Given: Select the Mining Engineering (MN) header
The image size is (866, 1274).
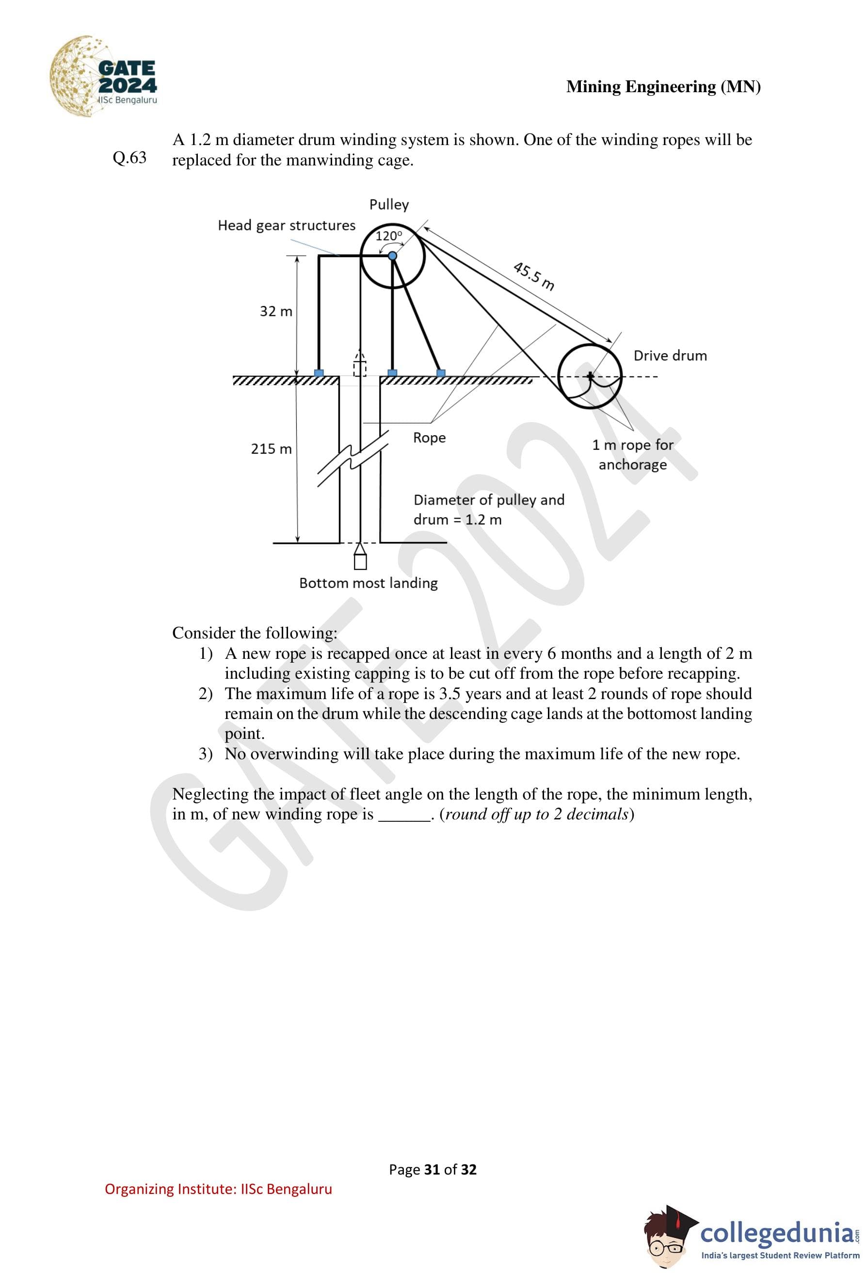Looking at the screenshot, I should [663, 87].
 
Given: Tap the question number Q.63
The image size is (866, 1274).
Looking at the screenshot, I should [129, 158].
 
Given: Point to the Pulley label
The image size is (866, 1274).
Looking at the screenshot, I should [388, 204].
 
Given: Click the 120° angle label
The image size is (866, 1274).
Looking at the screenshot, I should [388, 236].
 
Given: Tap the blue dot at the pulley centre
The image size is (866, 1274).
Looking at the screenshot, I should [392, 256].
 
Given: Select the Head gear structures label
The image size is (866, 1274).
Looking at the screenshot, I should [286, 225].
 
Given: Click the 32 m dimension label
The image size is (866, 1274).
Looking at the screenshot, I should [275, 311].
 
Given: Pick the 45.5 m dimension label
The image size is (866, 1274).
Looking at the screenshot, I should [533, 276].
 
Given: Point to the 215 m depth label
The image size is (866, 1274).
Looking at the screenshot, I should [271, 449].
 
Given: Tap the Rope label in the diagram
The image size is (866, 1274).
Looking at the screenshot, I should [429, 438].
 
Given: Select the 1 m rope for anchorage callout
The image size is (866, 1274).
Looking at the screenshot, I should [633, 455].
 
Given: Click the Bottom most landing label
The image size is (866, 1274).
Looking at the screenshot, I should [368, 583].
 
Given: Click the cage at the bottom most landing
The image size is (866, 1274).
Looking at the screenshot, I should [360, 560].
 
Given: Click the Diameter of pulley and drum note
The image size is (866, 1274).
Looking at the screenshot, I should [488, 510].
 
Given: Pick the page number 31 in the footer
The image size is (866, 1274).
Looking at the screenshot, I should [432, 1170].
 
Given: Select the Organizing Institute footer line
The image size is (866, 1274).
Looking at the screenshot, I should [218, 1189].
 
